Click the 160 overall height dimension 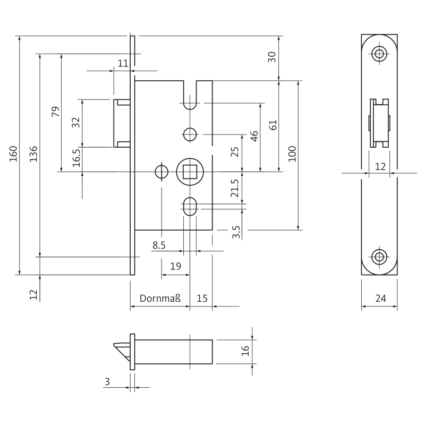pyautogui.click(x=14, y=154)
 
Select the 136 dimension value pyautogui.click(x=34, y=154)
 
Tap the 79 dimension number pyautogui.click(x=55, y=112)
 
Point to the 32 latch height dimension pyautogui.click(x=75, y=122)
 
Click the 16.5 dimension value pyautogui.click(x=75, y=158)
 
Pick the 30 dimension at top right pyautogui.click(x=272, y=57)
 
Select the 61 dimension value pyautogui.click(x=273, y=125)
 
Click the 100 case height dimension pyautogui.click(x=292, y=154)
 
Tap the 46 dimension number pyautogui.click(x=254, y=136)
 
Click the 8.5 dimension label pyautogui.click(x=159, y=245)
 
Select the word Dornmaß pyautogui.click(x=160, y=299)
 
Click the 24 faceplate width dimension pyautogui.click(x=380, y=299)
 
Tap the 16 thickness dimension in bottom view pyautogui.click(x=245, y=350)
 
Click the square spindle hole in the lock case pyautogui.click(x=189, y=172)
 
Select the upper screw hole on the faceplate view pyautogui.click(x=379, y=54)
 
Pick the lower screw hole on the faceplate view pyautogui.click(x=379, y=257)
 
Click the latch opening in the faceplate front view pyautogui.click(x=379, y=123)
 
